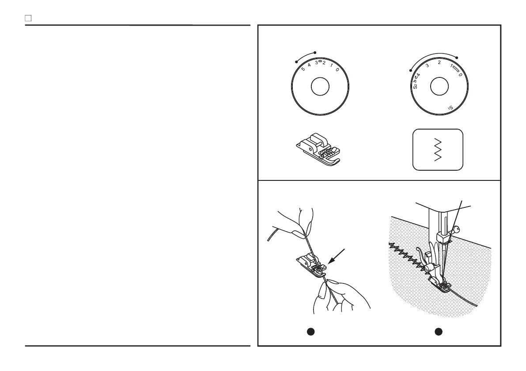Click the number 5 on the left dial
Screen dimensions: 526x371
coord(303,69)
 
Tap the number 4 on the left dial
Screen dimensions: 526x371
coord(310,65)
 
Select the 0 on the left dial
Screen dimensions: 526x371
coord(337,70)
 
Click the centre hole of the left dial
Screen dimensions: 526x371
coord(320,87)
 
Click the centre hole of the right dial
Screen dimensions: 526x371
coord(437,87)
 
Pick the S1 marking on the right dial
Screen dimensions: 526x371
coord(450,107)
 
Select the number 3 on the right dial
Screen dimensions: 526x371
coord(427,66)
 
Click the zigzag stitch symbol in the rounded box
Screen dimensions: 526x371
coord(437,150)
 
